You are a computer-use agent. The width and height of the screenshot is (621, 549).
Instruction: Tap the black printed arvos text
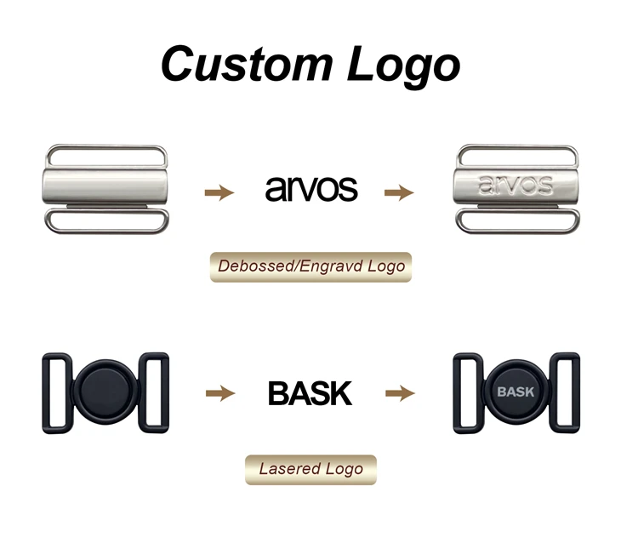[311, 188]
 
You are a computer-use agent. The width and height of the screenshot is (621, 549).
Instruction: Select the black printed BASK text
[310, 393]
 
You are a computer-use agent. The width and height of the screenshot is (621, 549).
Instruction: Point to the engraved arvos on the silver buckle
[516, 185]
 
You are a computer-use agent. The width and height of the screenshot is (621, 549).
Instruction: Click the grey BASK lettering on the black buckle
[516, 392]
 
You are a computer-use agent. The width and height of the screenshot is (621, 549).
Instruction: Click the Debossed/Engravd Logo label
[310, 266]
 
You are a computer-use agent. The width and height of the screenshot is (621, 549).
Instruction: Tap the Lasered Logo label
[310, 469]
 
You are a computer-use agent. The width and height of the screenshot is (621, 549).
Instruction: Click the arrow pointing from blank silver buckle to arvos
[219, 192]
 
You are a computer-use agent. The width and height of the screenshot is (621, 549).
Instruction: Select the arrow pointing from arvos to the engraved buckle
[399, 192]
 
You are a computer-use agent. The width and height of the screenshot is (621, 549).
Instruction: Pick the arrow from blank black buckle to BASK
[220, 393]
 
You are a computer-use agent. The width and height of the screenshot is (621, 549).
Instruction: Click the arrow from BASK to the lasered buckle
[400, 393]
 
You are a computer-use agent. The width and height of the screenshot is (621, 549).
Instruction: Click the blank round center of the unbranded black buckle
[105, 392]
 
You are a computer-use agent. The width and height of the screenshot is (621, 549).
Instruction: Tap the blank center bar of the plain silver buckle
[105, 187]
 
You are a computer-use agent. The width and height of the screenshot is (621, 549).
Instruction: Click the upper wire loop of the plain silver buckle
[106, 146]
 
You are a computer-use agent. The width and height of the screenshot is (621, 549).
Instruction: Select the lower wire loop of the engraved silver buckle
[517, 232]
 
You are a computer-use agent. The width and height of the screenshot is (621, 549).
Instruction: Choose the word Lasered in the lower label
[289, 469]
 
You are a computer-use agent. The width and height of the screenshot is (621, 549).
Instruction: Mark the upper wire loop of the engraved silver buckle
[517, 146]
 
